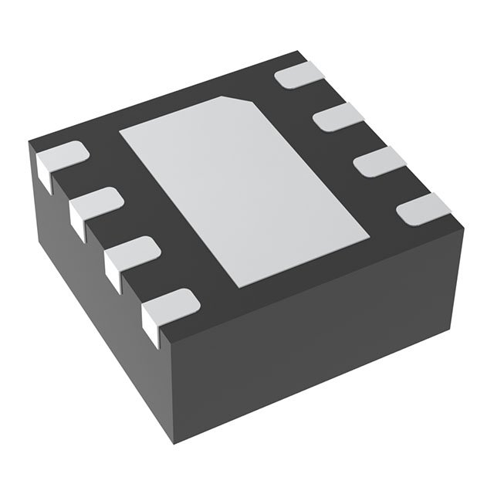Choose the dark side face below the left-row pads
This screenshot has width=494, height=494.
(x=93, y=309)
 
